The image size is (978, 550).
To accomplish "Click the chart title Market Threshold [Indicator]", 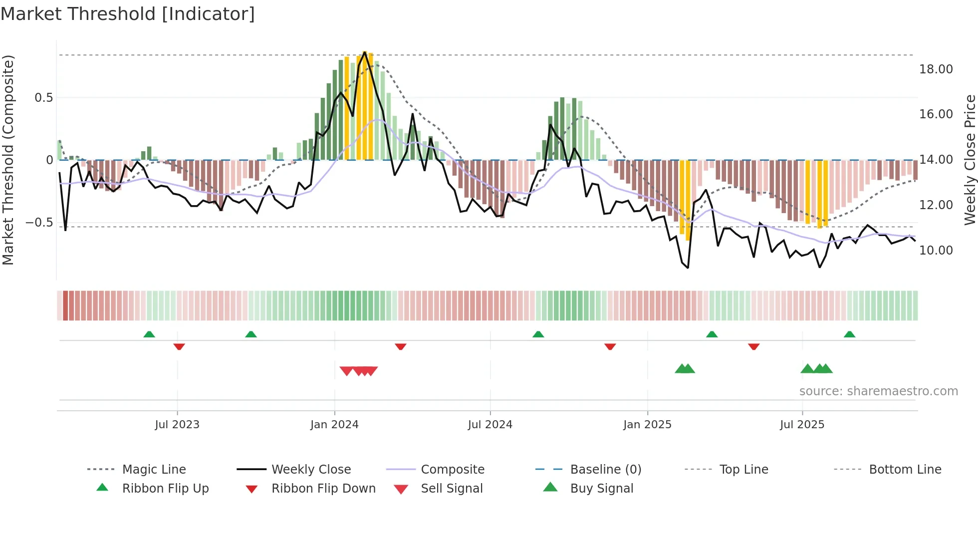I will [128, 14].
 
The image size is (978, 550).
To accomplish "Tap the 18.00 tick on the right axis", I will [936, 69].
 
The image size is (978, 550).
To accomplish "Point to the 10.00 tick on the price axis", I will [936, 251].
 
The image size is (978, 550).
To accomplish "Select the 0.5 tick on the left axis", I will [43, 98].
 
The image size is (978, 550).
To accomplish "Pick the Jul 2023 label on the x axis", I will [177, 425].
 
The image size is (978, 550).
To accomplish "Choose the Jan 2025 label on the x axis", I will [647, 425].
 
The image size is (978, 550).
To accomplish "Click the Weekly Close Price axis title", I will [970, 160].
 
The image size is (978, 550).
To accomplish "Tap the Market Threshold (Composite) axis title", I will [8, 160].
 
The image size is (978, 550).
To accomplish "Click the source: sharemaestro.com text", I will [878, 391].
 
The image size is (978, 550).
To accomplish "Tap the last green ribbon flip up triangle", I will [849, 334].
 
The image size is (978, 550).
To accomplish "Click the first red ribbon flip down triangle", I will [179, 346].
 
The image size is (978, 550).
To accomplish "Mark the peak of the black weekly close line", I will [365, 52].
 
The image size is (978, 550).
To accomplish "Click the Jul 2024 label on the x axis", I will [490, 425].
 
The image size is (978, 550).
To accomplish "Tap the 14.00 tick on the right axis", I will [936, 160].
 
